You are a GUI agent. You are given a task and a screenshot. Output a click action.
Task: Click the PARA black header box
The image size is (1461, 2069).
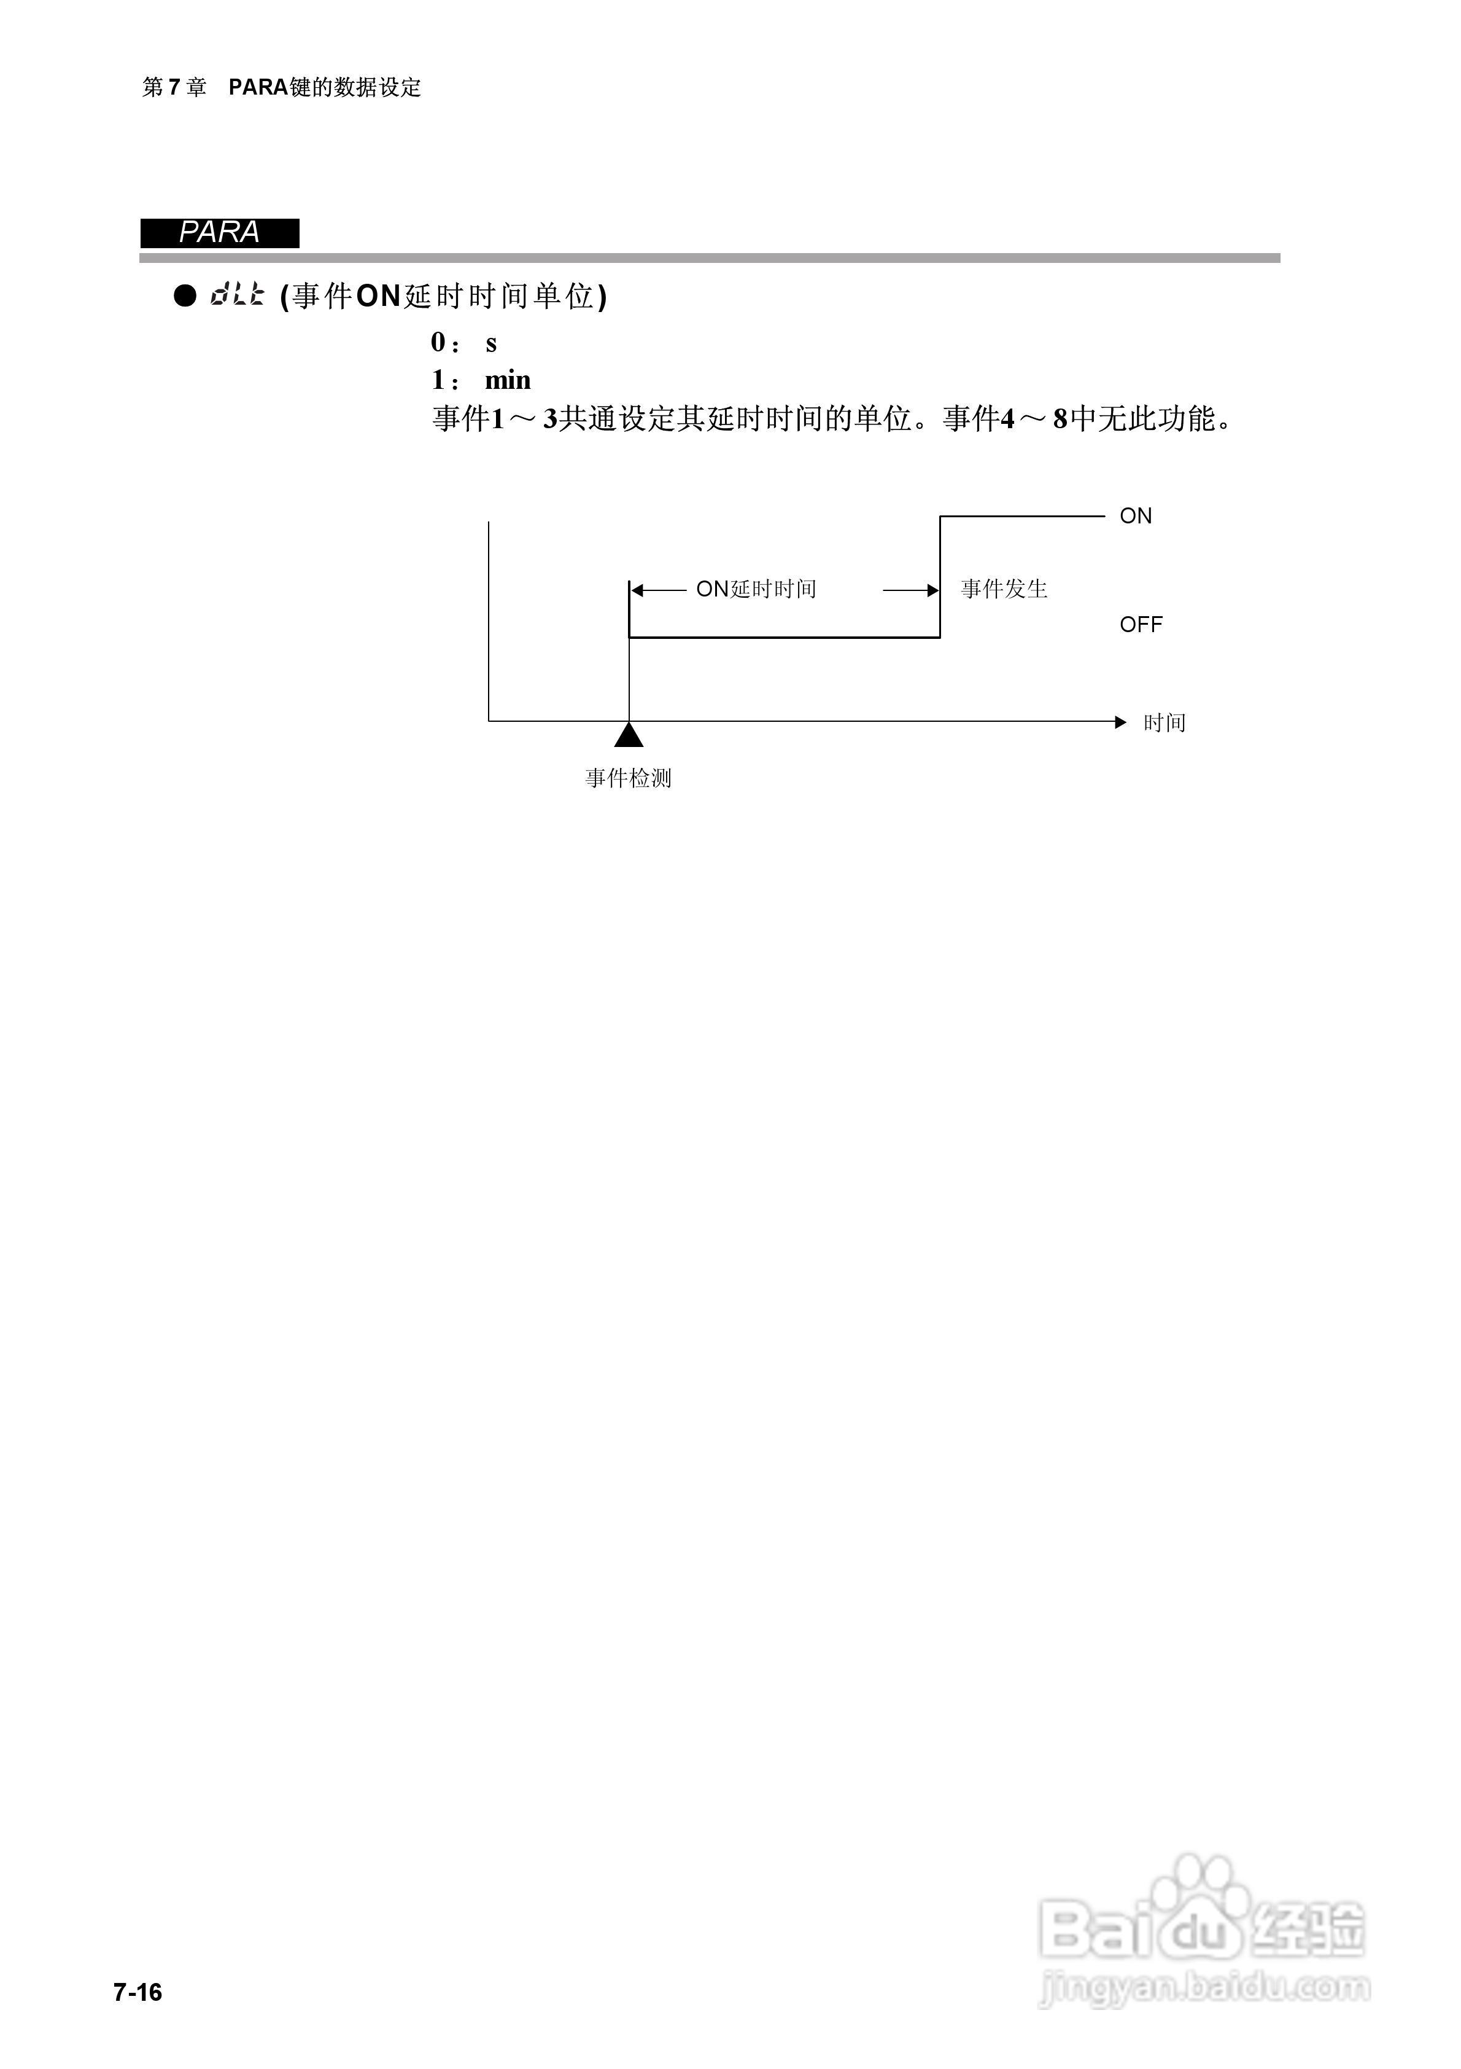click(220, 232)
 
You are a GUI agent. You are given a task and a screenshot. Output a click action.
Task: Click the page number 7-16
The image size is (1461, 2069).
click(138, 1992)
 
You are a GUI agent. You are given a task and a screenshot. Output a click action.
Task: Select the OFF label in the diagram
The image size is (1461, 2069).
click(1141, 625)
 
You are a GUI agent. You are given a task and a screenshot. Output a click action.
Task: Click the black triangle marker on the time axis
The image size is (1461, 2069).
click(629, 735)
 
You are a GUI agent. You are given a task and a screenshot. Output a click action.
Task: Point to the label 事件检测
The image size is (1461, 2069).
click(628, 778)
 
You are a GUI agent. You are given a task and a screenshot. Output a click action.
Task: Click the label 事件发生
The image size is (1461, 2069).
click(1004, 589)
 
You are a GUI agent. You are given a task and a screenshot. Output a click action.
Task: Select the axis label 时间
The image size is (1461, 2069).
click(1164, 722)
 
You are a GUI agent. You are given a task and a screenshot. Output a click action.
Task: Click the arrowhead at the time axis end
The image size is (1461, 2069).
click(1120, 722)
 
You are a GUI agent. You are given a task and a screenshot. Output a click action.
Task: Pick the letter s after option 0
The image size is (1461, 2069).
click(491, 343)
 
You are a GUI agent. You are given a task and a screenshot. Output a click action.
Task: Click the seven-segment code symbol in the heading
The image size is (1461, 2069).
click(238, 295)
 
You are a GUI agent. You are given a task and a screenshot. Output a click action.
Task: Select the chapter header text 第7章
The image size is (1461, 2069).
click(175, 87)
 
